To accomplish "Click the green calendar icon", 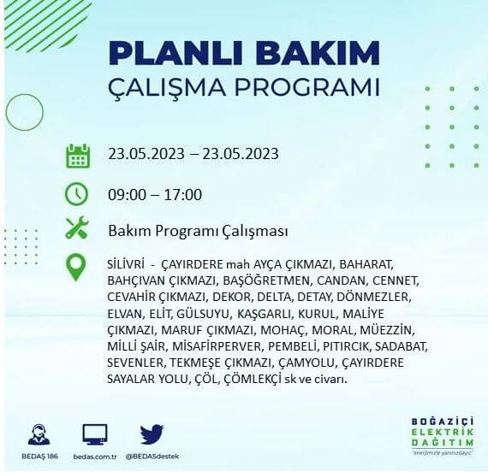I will [x=78, y=156].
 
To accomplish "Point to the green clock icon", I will [x=77, y=193].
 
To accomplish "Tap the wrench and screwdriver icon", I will [x=77, y=229].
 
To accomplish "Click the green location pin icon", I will [x=76, y=268].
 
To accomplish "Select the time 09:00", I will [x=128, y=194].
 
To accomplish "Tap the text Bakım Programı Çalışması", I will [x=197, y=231].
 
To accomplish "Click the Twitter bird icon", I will [x=152, y=434].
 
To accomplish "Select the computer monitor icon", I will [x=95, y=434].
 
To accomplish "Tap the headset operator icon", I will [x=39, y=434].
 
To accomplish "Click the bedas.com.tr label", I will [x=95, y=455].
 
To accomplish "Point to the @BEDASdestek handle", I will [x=152, y=455].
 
